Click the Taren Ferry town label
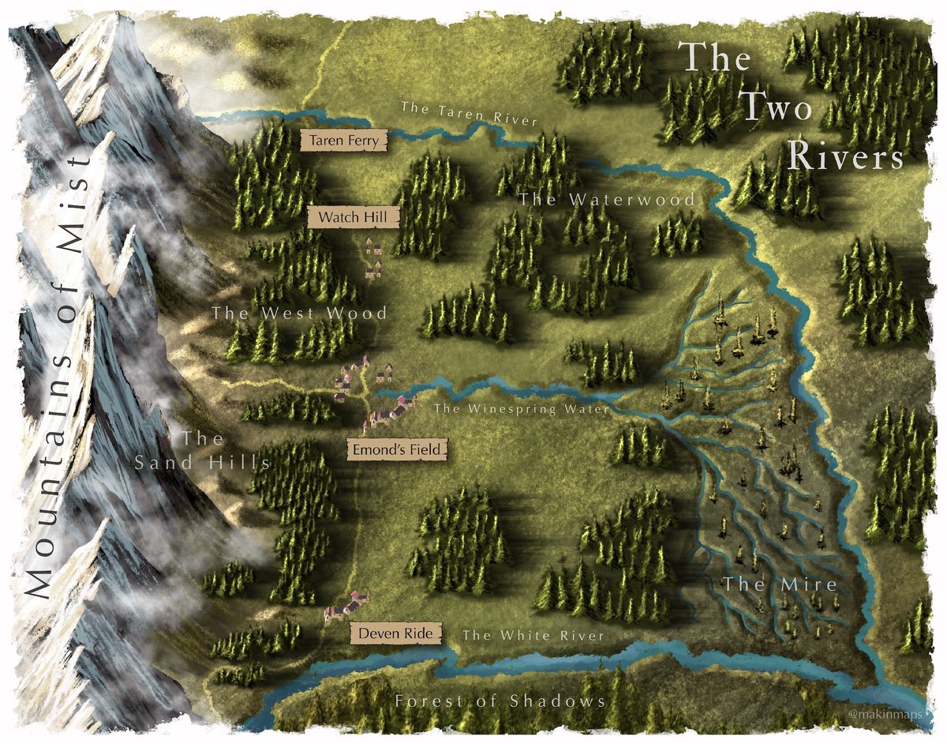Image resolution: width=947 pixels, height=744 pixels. click(344, 141)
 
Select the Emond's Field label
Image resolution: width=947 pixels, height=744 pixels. click(396, 450)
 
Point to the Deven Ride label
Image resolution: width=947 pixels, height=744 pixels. click(395, 633)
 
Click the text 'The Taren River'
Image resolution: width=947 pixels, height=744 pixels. click(469, 113)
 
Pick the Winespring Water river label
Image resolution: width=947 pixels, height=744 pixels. click(522, 409)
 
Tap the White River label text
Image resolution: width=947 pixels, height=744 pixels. click(533, 635)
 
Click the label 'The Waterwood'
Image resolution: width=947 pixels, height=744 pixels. click(608, 200)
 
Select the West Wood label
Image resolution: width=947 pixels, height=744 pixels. click(299, 314)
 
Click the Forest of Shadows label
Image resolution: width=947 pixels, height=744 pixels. click(500, 701)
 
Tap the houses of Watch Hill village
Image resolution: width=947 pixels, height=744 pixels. click(373, 257)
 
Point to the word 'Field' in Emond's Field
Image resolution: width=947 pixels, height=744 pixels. click(421, 450)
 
